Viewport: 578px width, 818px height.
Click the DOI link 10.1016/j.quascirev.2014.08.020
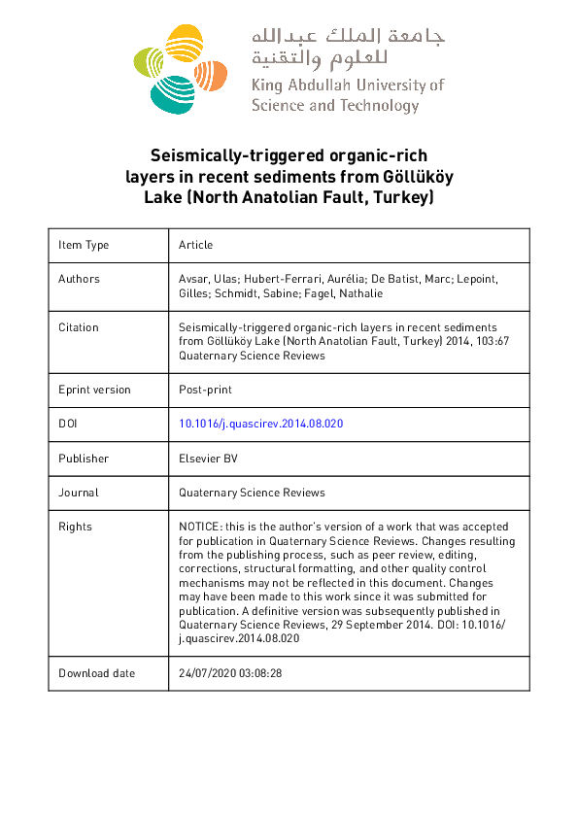(x=261, y=424)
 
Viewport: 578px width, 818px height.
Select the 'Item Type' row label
(x=84, y=245)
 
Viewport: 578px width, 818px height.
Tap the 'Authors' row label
(x=79, y=279)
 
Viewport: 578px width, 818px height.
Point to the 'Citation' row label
(x=78, y=327)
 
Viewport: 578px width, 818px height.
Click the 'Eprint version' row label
(x=94, y=390)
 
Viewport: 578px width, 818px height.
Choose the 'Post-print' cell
(x=205, y=390)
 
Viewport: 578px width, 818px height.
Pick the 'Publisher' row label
(x=84, y=459)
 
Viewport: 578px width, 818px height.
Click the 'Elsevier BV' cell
(x=208, y=459)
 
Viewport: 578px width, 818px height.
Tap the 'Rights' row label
(x=75, y=527)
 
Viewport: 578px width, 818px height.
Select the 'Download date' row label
(x=97, y=673)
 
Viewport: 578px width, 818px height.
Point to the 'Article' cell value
(x=195, y=245)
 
